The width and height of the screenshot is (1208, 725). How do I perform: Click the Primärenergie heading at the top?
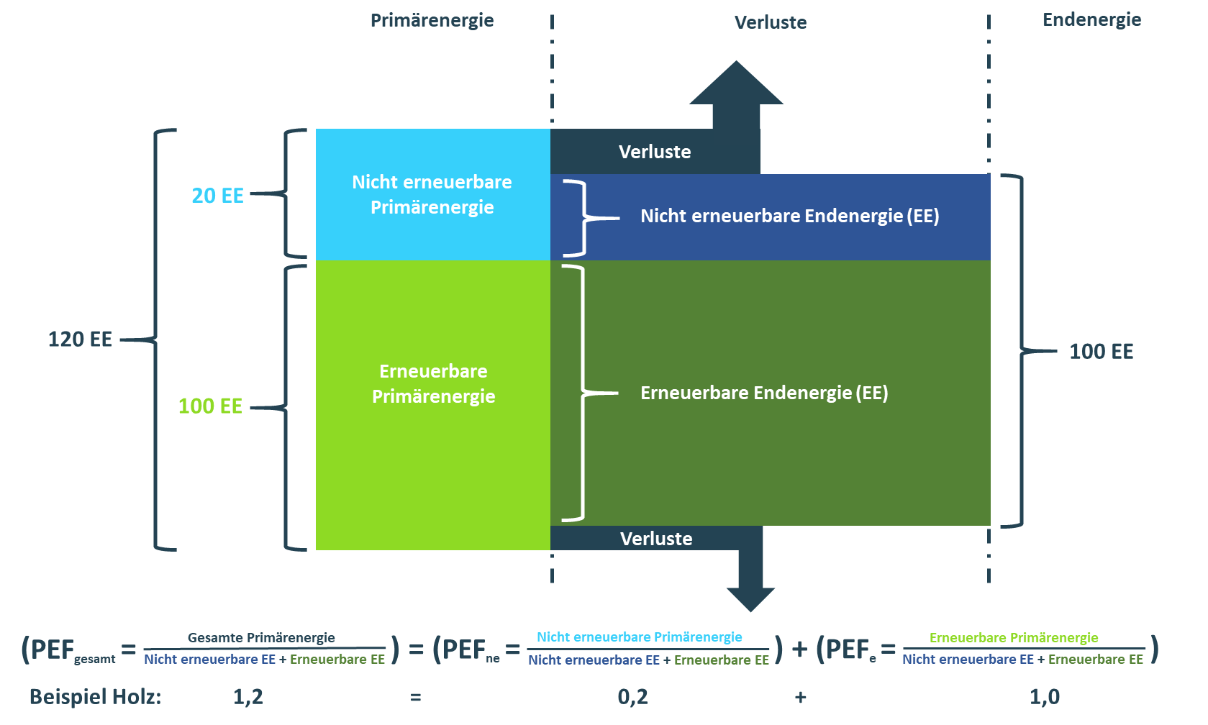click(432, 20)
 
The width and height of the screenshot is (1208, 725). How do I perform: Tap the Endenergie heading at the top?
click(1091, 19)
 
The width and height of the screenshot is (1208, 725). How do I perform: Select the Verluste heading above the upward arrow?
click(770, 22)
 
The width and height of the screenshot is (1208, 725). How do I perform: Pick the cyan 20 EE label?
click(217, 196)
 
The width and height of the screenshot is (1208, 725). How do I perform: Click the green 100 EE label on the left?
click(210, 406)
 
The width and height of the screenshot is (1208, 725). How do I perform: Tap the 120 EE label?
click(80, 339)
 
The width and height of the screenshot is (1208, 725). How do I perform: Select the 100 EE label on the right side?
click(1101, 352)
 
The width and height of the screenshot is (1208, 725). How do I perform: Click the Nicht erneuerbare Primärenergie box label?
click(432, 194)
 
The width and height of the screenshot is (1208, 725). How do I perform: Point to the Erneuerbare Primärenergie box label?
click(433, 383)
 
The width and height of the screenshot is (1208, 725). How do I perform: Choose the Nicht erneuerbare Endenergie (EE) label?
click(789, 216)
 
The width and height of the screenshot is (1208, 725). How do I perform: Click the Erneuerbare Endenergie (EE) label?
click(764, 393)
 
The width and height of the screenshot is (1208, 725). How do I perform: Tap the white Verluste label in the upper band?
click(655, 152)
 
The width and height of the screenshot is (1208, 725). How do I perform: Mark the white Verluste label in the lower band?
click(656, 539)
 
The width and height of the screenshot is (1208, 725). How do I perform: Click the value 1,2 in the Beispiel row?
click(248, 697)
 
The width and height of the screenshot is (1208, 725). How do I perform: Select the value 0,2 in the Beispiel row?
click(632, 697)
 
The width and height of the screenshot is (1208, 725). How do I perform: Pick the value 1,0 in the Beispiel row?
click(1044, 697)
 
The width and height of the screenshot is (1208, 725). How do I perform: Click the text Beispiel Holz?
click(95, 697)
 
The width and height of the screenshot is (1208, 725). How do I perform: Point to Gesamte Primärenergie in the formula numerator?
click(261, 638)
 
